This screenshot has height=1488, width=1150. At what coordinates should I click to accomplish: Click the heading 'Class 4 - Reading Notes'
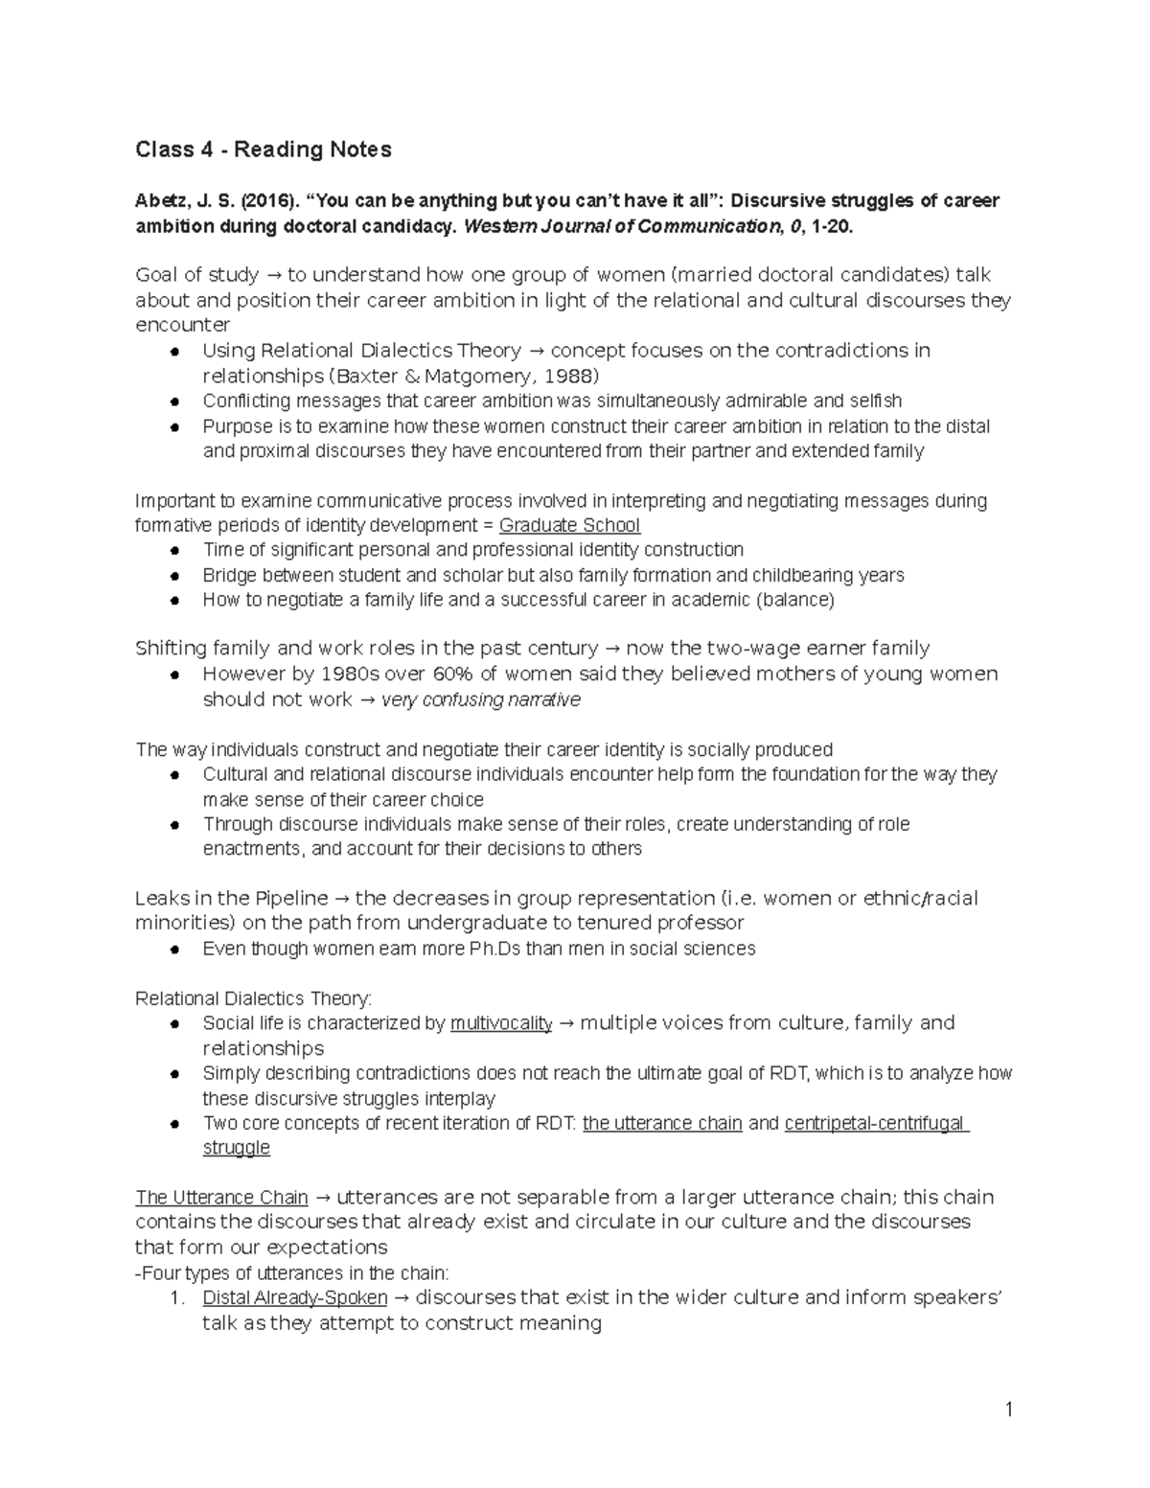point(263,149)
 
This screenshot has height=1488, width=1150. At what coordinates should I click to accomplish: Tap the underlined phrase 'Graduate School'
point(569,525)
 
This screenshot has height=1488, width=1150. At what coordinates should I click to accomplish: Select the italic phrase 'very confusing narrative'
point(481,699)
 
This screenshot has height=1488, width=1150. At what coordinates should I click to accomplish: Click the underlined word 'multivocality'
point(501,1023)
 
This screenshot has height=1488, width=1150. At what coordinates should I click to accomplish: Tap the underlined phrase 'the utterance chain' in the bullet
point(662,1123)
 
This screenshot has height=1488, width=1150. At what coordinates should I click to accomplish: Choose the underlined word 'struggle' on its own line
point(236,1148)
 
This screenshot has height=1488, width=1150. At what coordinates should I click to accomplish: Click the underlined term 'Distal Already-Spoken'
point(295,1298)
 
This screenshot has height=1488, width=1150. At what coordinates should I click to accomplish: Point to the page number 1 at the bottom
point(1009,1408)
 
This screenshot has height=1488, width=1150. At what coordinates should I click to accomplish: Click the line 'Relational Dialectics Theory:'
point(253,998)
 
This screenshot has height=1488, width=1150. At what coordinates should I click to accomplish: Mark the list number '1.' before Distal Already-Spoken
point(175,1298)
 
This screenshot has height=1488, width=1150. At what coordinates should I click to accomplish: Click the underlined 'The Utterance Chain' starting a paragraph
point(221,1198)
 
